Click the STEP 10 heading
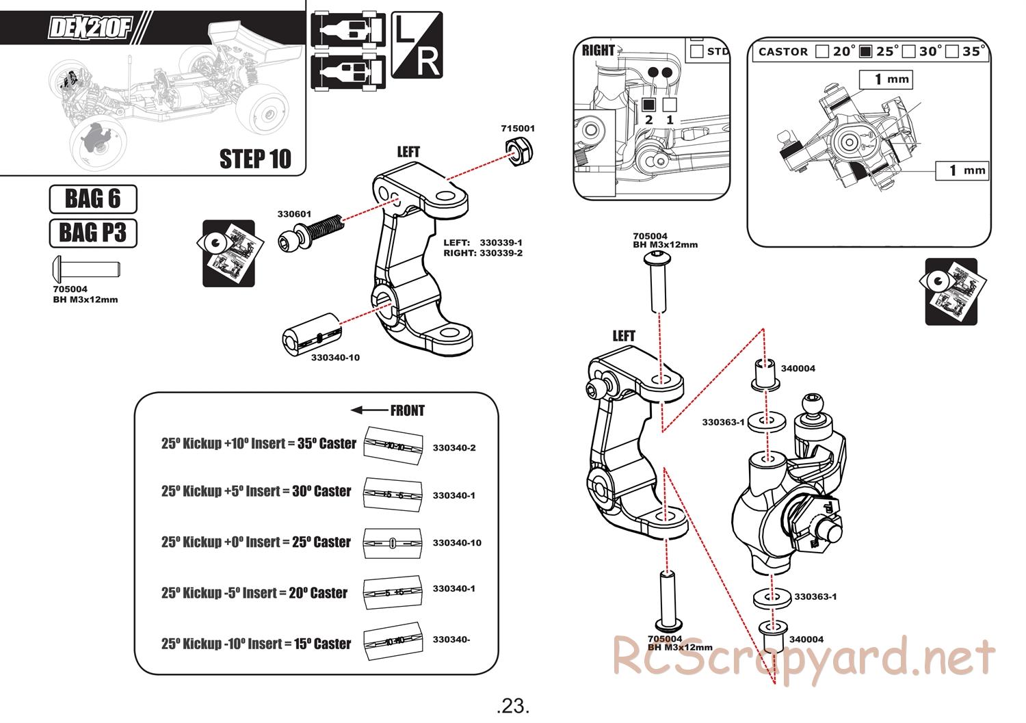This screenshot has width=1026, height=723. coord(255,159)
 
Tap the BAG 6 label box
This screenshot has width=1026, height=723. coord(93,199)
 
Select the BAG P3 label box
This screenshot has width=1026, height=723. coord(93,233)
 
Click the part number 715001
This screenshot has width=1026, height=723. coord(518,128)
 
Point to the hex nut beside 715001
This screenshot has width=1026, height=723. coord(519,150)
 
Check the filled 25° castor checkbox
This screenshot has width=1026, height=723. coord(865,51)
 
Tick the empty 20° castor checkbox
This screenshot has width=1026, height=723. coord(822,51)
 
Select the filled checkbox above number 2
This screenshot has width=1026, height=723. coord(649,104)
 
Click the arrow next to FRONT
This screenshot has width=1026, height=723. coord(368,410)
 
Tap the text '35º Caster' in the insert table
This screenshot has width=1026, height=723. coord(326,443)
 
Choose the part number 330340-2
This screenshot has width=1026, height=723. coord(453,448)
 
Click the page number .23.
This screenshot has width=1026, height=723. coord(513,705)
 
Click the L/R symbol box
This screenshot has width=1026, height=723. coord(417,46)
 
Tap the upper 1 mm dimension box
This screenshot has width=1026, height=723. coord(886,79)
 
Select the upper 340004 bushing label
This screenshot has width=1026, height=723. coord(798,369)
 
